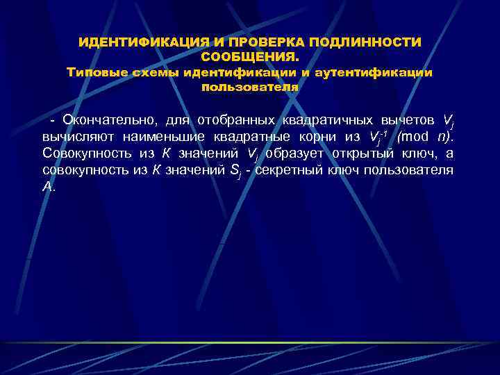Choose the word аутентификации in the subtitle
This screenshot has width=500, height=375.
pyautogui.click(x=374, y=72)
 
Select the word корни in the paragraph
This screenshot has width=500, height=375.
pyautogui.click(x=316, y=137)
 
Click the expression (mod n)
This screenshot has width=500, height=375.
pyautogui.click(x=423, y=137)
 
